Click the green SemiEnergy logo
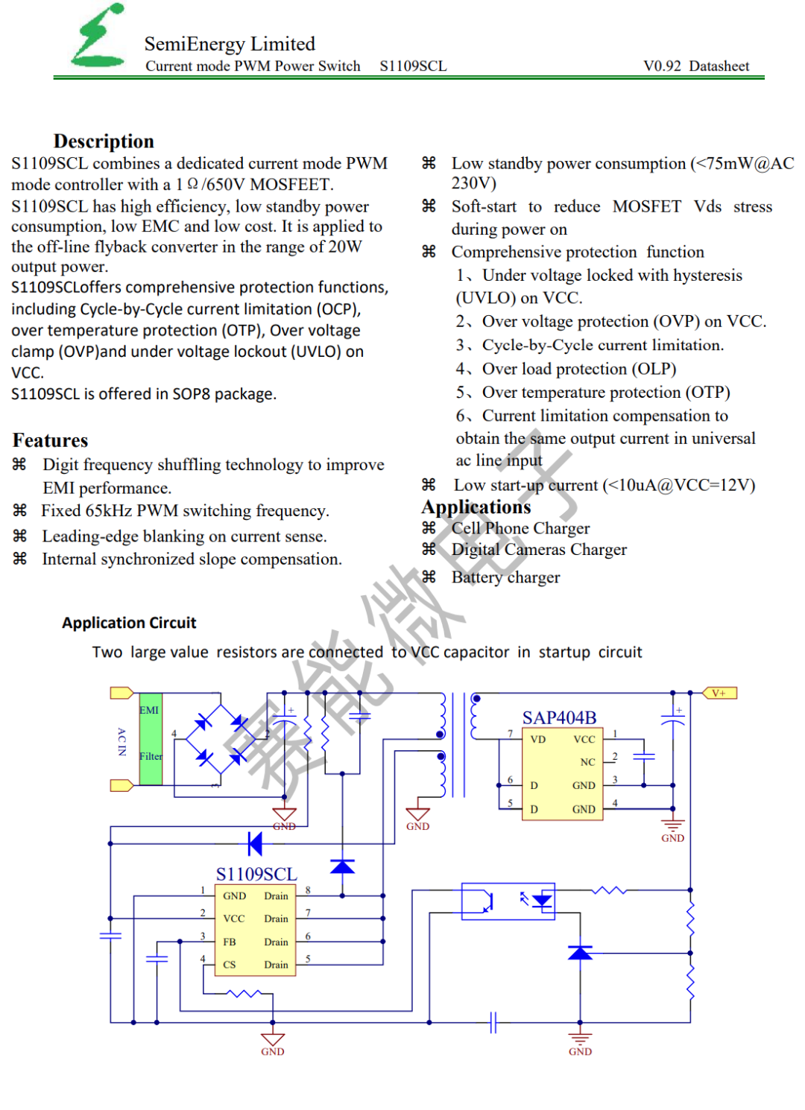pos(98,35)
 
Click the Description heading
pos(104,142)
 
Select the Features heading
pos(50,440)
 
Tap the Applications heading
pos(476,507)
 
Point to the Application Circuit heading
pos(129,622)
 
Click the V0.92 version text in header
pos(662,66)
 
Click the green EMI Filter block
pos(151,738)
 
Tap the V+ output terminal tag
pos(719,693)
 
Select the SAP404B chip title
pos(559,717)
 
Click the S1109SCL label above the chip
pos(256,874)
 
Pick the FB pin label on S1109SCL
pos(229,942)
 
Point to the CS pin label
pos(229,964)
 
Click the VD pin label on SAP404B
pos(538,739)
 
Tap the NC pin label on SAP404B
pos(587,762)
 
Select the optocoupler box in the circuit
pos(508,901)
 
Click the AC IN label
pos(121,741)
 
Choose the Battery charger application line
pos(505,577)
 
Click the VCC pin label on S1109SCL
pos(233,919)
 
